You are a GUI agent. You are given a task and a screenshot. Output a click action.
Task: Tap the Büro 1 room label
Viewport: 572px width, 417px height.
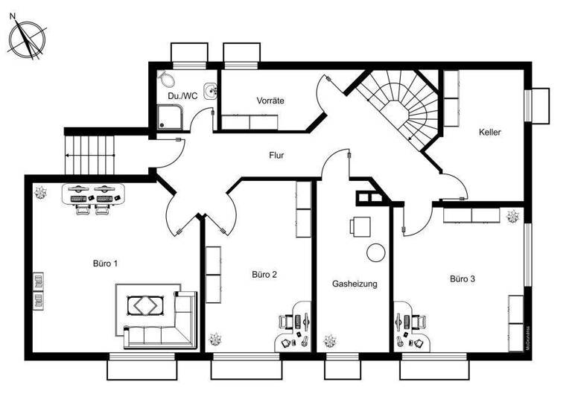(x=106, y=264)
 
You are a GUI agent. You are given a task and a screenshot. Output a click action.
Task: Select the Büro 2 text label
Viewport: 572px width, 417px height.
(x=264, y=274)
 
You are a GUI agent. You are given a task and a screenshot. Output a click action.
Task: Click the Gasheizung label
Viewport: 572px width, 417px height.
(x=355, y=284)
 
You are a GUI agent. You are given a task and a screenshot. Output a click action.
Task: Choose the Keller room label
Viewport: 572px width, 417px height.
(x=490, y=133)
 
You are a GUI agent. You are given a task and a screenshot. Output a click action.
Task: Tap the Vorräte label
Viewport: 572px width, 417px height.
(x=270, y=100)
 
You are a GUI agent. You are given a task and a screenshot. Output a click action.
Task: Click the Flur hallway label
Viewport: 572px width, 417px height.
(x=277, y=156)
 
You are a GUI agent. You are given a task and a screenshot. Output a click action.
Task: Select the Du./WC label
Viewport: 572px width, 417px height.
(x=182, y=95)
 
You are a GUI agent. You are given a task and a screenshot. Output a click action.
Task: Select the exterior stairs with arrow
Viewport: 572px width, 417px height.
(x=91, y=154)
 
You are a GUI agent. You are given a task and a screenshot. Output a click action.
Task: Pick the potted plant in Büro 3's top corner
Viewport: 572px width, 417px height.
(x=512, y=217)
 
